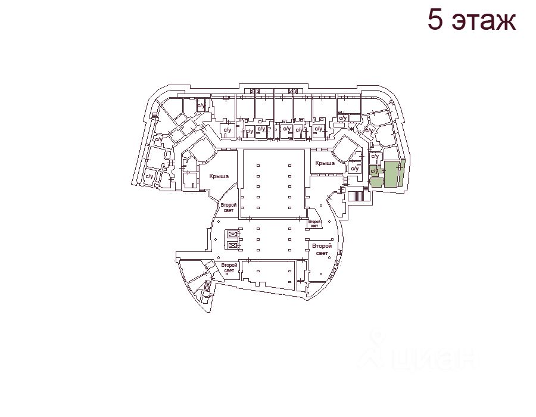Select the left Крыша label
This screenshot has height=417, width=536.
220,176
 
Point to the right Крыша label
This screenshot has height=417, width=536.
325,163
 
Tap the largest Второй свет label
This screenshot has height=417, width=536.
322,250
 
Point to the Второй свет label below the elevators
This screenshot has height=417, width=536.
229,267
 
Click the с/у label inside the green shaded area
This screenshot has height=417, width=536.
374,172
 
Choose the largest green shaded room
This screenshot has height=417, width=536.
391,174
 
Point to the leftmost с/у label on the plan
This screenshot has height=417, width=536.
149,176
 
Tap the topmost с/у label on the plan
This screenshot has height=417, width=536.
201,106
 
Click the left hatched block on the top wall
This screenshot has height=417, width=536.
255,91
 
